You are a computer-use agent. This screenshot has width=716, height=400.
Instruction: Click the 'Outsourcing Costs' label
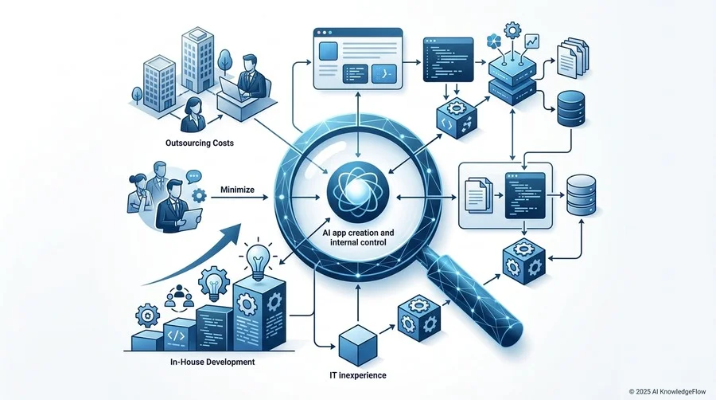coord(200,143)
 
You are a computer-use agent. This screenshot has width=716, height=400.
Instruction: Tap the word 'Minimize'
coord(237,190)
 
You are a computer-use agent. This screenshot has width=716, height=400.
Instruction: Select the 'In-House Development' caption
coord(212,362)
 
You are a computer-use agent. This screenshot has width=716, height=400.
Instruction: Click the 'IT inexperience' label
coord(357,375)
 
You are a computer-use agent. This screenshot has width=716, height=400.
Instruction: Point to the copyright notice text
coord(667,392)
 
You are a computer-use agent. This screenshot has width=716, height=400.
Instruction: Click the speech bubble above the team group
coord(194,177)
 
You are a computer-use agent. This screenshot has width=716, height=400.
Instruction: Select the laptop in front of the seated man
coord(232,88)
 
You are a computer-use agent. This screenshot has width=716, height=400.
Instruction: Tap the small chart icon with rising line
coord(531,41)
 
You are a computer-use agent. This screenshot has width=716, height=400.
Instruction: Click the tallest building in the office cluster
coord(198,61)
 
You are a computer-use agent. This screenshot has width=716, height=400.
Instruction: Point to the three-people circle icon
coord(179,296)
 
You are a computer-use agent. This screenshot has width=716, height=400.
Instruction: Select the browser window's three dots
coord(325,33)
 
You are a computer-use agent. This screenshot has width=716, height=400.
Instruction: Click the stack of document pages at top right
coord(573,57)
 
